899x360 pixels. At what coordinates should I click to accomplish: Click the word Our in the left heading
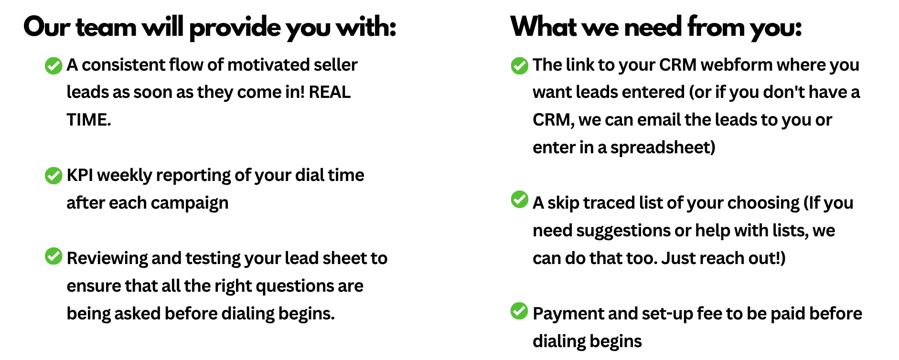48,27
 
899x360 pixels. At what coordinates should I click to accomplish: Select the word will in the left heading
165,27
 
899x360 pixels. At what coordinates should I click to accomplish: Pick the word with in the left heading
362,27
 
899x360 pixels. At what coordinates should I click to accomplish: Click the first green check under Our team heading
54,66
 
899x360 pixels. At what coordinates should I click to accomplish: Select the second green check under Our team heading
54,175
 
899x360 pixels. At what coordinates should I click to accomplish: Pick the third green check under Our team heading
54,256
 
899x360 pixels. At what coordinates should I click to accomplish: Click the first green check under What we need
519,66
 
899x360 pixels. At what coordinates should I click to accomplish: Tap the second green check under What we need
519,199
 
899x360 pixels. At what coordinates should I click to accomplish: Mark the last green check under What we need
519,311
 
